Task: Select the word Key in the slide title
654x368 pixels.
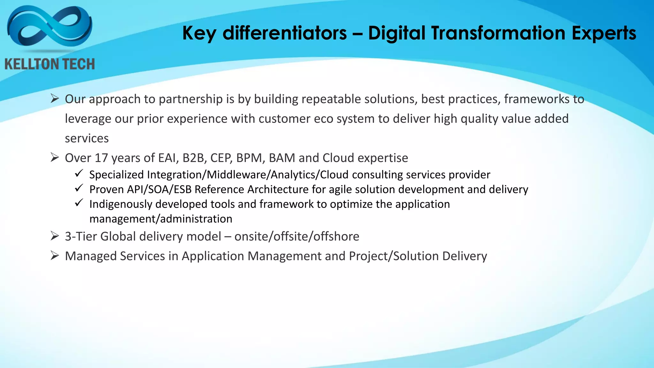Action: point(199,33)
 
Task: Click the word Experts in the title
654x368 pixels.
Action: point(604,33)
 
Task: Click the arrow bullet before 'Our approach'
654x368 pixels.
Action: point(55,99)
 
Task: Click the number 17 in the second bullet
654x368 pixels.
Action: point(101,158)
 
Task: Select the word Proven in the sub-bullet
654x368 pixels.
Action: point(107,189)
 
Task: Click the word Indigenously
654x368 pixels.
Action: point(121,204)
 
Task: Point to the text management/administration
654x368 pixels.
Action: point(161,219)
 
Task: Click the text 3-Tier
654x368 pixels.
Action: point(81,236)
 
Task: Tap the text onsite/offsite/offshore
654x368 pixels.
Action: point(297,236)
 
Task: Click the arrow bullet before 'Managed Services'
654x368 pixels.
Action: point(55,256)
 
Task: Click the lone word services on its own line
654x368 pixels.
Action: point(87,138)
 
